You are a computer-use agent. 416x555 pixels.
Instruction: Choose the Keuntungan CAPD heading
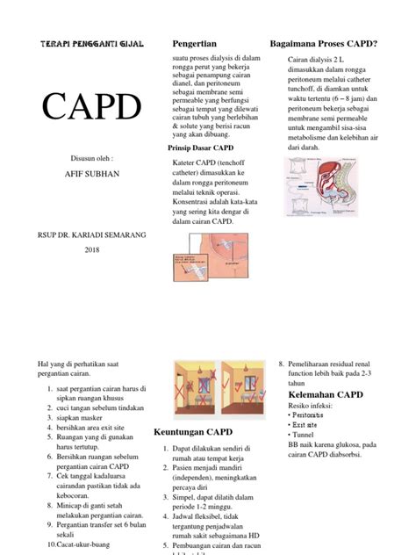point(193,433)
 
